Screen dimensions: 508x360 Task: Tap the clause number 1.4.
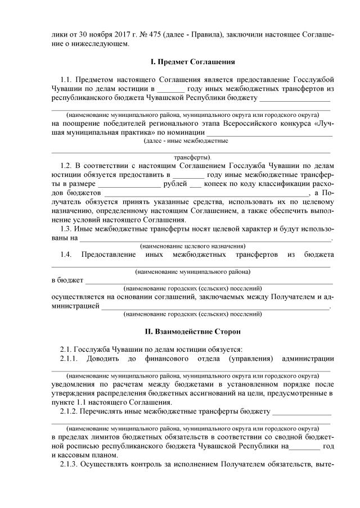pos(66,255)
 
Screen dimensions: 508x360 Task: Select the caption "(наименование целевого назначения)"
pos(192,246)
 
